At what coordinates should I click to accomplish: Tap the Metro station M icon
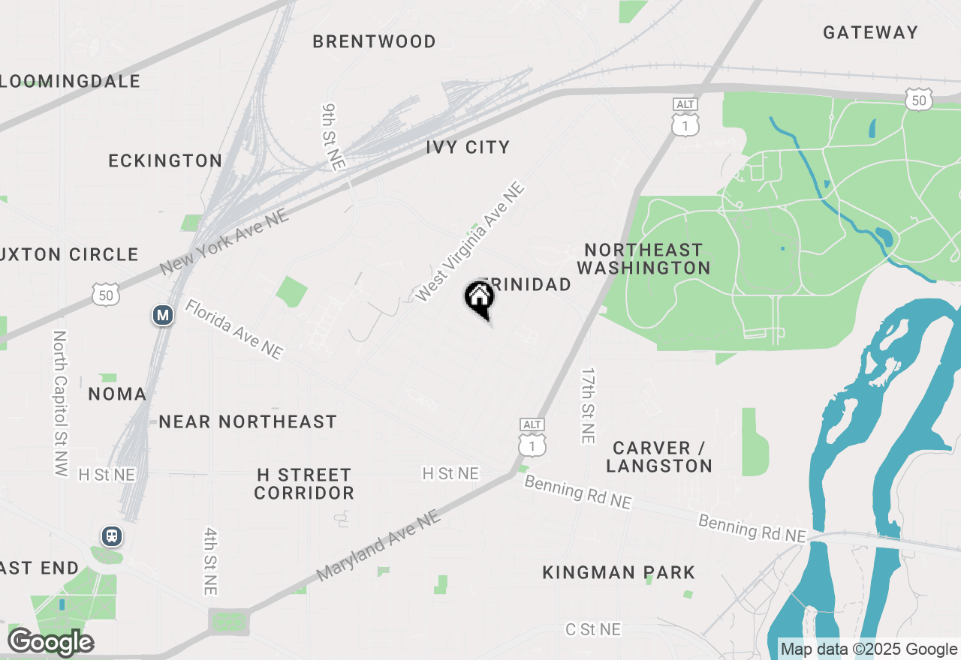tap(163, 315)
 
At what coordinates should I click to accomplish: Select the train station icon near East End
tap(112, 536)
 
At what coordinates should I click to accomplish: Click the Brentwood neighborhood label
tap(374, 41)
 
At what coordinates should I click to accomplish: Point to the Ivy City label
tap(468, 147)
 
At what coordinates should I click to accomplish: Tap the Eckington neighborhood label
tap(165, 160)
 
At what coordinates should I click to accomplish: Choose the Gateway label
tap(870, 32)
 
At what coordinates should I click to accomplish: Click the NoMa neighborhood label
tap(117, 394)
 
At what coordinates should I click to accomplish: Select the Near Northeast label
tap(248, 421)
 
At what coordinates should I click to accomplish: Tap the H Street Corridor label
tap(304, 484)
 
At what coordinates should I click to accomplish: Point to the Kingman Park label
tap(619, 572)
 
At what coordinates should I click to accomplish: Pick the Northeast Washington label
tap(644, 259)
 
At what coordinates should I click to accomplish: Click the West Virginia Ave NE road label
tap(469, 241)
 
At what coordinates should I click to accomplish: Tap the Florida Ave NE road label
tap(234, 329)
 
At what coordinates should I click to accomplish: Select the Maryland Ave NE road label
tap(378, 545)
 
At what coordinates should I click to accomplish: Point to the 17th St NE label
tap(588, 405)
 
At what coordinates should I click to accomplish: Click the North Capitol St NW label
tap(60, 403)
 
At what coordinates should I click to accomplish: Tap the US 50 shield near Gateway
tap(919, 100)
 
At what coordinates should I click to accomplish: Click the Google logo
tap(51, 642)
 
